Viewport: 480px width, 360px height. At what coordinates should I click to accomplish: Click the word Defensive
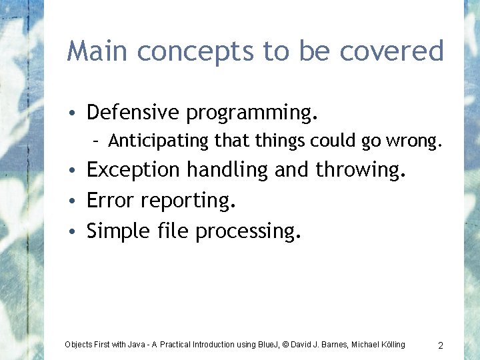[133, 112]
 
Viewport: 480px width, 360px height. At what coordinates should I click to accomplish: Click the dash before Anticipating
[97, 141]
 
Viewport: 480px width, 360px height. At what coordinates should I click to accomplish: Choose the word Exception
[134, 171]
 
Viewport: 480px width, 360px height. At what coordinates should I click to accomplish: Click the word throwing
[360, 171]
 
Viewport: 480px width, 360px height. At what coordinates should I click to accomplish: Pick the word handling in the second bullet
[227, 171]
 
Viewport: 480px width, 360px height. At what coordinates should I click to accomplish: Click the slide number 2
[441, 345]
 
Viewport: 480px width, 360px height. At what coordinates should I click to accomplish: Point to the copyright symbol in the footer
[285, 345]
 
